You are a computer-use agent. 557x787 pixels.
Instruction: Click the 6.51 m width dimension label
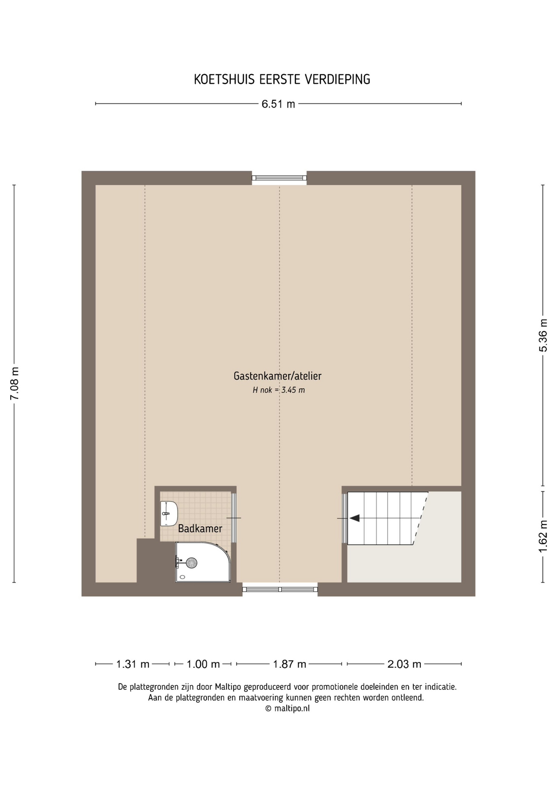point(278,104)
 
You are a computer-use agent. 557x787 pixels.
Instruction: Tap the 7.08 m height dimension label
point(14,383)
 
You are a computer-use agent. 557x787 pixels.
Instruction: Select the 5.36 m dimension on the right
point(543,335)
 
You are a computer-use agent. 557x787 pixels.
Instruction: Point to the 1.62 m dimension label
point(543,536)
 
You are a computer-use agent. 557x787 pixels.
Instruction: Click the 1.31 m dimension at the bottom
point(132,664)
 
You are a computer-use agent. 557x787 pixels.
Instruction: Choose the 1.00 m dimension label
point(203,664)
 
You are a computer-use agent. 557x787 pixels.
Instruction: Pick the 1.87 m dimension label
point(290,664)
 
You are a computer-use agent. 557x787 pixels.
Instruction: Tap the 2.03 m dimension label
point(404,664)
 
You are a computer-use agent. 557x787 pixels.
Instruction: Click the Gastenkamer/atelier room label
point(278,376)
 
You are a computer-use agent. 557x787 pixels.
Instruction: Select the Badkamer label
point(200,529)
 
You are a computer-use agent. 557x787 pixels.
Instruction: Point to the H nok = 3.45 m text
point(279,390)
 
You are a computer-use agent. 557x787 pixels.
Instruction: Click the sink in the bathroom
point(169,514)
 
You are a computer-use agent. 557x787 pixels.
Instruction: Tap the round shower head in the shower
point(192,563)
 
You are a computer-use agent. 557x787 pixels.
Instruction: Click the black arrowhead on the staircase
point(354,518)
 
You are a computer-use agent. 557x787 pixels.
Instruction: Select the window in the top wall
point(279,178)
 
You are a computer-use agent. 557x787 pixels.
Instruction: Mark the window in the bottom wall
point(280,589)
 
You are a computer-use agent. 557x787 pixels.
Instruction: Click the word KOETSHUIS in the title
point(225,80)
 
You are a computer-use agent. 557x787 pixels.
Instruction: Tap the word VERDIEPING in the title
point(338,80)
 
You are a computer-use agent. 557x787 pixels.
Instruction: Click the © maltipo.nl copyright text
point(288,708)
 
